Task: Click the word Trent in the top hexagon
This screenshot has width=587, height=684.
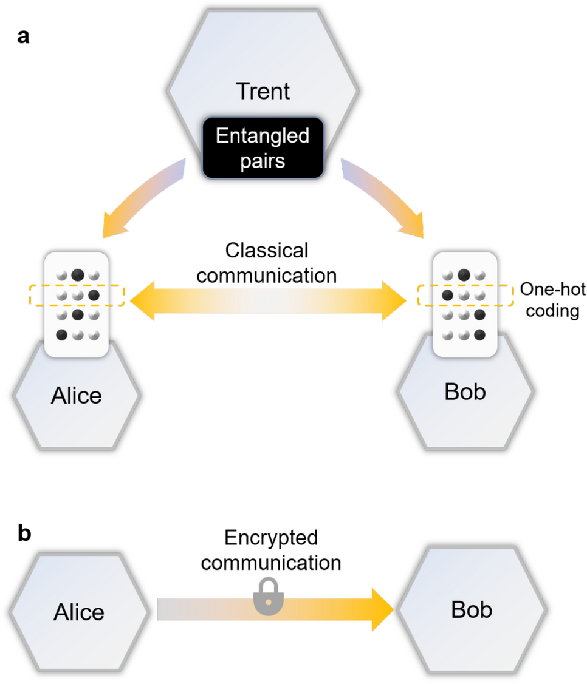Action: coord(263,91)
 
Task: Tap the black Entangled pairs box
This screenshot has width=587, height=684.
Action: coord(263,148)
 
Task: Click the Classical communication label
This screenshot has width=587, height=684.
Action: coord(267,263)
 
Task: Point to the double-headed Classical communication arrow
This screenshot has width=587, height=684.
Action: coord(268,301)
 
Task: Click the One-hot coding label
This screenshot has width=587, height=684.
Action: coord(552,300)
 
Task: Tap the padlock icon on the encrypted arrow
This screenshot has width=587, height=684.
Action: coord(269,597)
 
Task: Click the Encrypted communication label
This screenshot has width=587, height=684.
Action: coord(271,550)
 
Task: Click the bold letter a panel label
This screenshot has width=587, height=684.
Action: coord(24,36)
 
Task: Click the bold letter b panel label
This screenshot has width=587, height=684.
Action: coord(24,533)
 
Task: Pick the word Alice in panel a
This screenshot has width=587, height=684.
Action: coord(77,396)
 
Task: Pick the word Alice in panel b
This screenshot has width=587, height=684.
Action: coord(79,612)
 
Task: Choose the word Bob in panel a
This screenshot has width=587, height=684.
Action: coord(465,391)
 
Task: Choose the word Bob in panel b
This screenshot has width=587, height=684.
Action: coord(472,609)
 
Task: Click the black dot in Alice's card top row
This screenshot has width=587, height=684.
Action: coord(78,275)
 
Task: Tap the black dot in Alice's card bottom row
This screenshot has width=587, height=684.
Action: coord(61,335)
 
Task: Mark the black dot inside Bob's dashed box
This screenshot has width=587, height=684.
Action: coord(447,296)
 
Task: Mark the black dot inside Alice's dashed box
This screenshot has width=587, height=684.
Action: coord(94,296)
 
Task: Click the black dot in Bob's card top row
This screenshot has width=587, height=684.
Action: coord(464,275)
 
